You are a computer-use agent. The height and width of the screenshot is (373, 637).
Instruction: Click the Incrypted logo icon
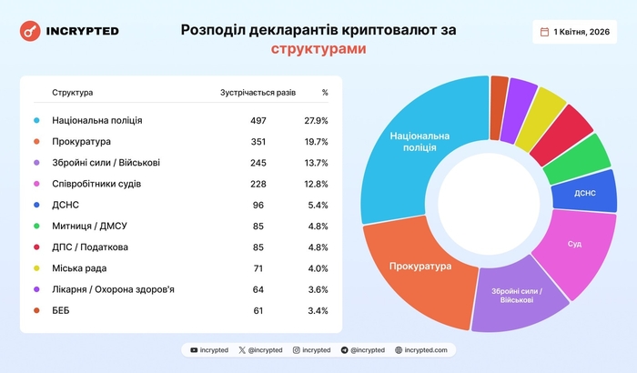30,31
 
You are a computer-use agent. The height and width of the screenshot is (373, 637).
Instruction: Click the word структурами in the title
318,48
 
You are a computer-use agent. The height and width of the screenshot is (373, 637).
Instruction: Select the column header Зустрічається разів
258,93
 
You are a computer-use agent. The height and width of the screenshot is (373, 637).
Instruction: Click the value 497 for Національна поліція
258,120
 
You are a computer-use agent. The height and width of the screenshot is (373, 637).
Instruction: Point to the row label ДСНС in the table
66,205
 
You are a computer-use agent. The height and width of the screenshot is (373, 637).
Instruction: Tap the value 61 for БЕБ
258,310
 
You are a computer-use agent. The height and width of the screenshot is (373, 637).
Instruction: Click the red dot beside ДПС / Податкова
36,247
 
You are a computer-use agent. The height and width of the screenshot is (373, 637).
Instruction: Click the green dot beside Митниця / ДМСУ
36,227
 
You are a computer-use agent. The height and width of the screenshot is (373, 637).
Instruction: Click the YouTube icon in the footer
194,349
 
